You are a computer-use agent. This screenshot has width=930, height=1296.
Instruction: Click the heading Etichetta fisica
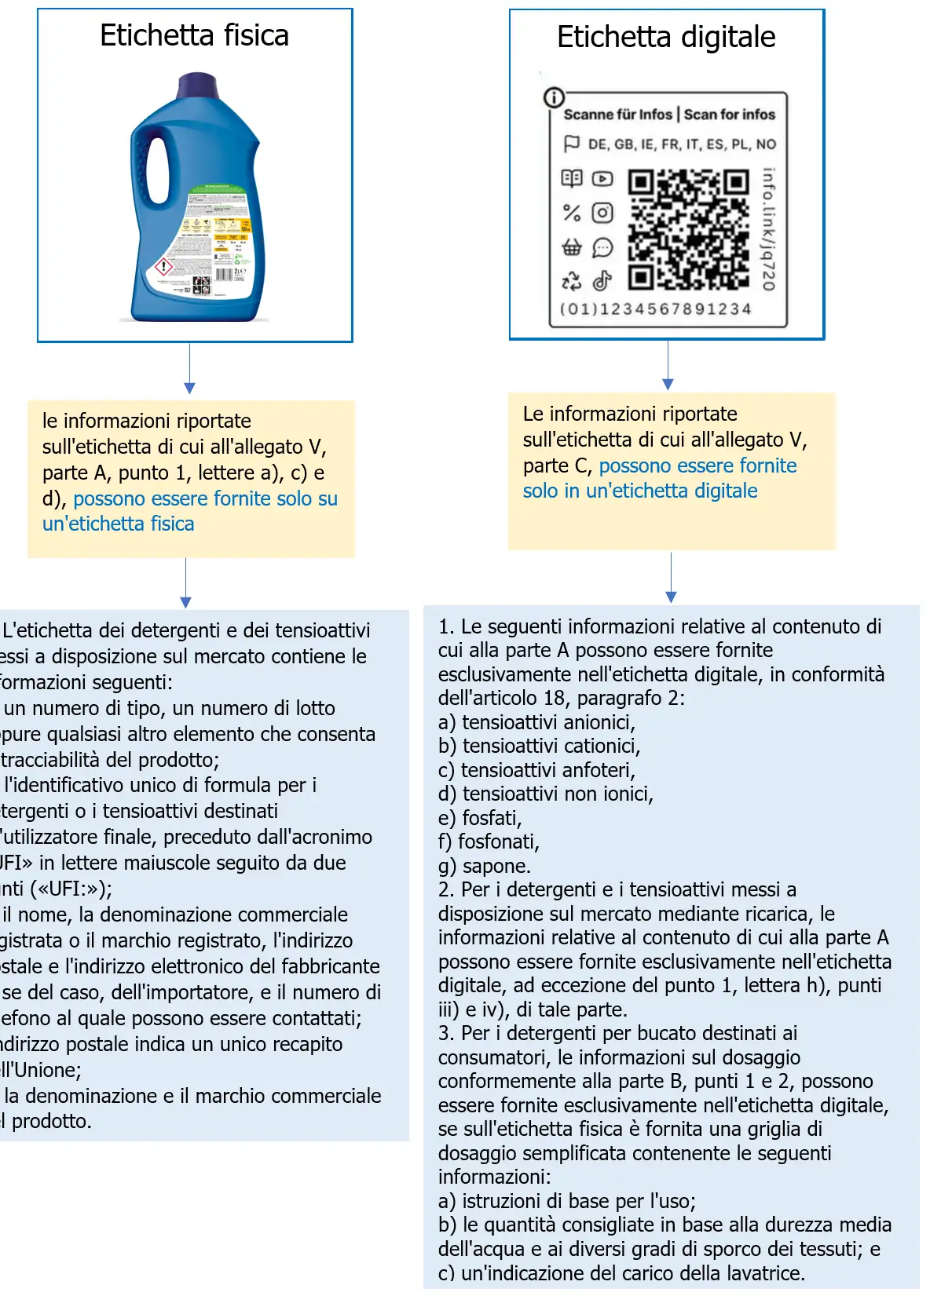[194, 36]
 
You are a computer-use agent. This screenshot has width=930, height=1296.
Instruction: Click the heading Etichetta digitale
[666, 37]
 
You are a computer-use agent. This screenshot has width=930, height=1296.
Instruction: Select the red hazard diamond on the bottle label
[163, 267]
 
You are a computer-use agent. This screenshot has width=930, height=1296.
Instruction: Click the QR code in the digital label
[688, 229]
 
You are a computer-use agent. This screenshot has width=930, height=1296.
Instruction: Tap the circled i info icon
[554, 97]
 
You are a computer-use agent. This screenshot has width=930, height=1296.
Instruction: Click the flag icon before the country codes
[571, 144]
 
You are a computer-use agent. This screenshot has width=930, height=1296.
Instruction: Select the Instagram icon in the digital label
[602, 213]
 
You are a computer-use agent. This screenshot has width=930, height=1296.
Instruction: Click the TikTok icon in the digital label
[602, 280]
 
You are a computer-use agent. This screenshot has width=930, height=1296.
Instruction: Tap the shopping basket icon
[571, 248]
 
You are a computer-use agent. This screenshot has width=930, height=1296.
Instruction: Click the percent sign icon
[571, 213]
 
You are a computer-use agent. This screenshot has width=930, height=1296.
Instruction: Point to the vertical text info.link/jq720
[768, 229]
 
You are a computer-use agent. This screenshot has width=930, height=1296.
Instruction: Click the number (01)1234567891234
[655, 309]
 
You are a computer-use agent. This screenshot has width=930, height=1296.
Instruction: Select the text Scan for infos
[729, 115]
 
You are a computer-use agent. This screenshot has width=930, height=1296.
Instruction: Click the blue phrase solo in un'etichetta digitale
[640, 491]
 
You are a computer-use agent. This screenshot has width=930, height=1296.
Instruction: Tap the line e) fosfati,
[480, 818]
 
